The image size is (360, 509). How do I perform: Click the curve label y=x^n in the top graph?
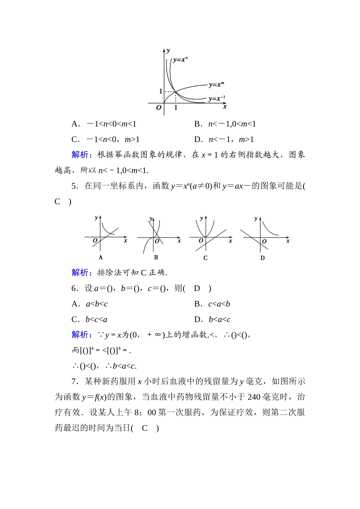click(x=180, y=59)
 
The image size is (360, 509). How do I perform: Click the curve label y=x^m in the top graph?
click(x=216, y=84)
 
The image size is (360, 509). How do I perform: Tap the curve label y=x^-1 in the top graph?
click(x=217, y=98)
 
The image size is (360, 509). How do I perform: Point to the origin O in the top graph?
click(x=159, y=108)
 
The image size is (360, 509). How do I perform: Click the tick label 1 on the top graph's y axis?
click(x=161, y=91)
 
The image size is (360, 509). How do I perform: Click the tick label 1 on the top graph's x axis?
click(x=176, y=108)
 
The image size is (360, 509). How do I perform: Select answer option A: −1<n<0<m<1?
click(x=104, y=124)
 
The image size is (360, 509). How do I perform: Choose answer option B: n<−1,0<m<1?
click(x=225, y=124)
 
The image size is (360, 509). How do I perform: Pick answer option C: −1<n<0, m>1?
click(x=106, y=139)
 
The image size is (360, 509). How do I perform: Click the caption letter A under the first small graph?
click(x=100, y=258)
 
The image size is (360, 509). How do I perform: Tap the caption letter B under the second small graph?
click(x=156, y=258)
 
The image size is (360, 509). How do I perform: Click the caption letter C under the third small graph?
click(x=205, y=258)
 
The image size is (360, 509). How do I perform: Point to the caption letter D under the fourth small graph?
click(x=263, y=258)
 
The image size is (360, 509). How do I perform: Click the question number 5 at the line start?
click(x=74, y=186)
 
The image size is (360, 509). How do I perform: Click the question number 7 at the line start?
click(x=74, y=381)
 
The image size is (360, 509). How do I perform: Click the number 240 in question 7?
click(x=254, y=397)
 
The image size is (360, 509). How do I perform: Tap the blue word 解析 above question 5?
click(x=80, y=155)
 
